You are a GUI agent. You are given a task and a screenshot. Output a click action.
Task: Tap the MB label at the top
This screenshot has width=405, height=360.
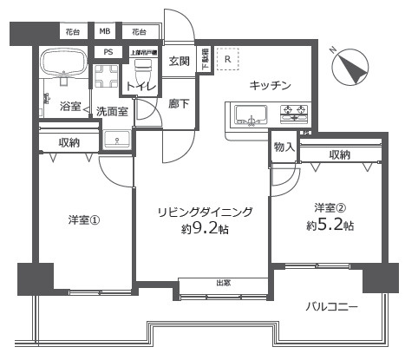pos(105,32)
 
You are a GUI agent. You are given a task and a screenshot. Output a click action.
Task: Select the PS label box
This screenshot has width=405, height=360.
pos(108,52)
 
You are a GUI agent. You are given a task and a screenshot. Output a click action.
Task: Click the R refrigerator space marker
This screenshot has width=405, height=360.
pos(227,59)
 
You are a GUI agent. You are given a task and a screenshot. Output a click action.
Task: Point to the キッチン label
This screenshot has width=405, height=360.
pos(269,84)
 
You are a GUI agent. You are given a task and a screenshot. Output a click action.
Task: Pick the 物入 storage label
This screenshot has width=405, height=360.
pos(284,147)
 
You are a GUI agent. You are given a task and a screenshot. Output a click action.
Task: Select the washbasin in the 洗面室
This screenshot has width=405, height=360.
pos(116,140)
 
